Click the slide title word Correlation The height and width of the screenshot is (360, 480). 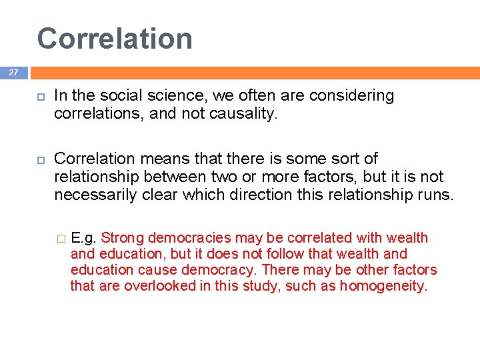[115, 39]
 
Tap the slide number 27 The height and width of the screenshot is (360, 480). [13, 72]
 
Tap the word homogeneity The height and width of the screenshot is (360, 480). [383, 287]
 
